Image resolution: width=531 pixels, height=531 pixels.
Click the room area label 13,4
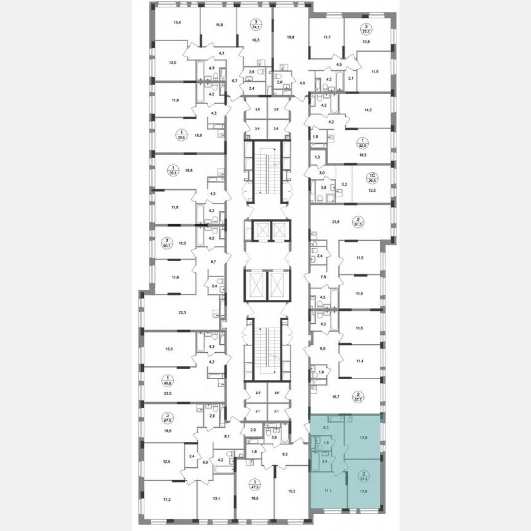(x=177, y=23)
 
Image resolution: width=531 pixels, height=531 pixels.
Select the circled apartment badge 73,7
(x=366, y=29)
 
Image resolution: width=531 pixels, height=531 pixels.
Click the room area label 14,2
(x=368, y=112)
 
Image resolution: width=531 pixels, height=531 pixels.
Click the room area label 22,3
(x=182, y=312)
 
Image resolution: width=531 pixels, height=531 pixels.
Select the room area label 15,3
(x=168, y=348)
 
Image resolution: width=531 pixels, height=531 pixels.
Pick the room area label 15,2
(x=291, y=491)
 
